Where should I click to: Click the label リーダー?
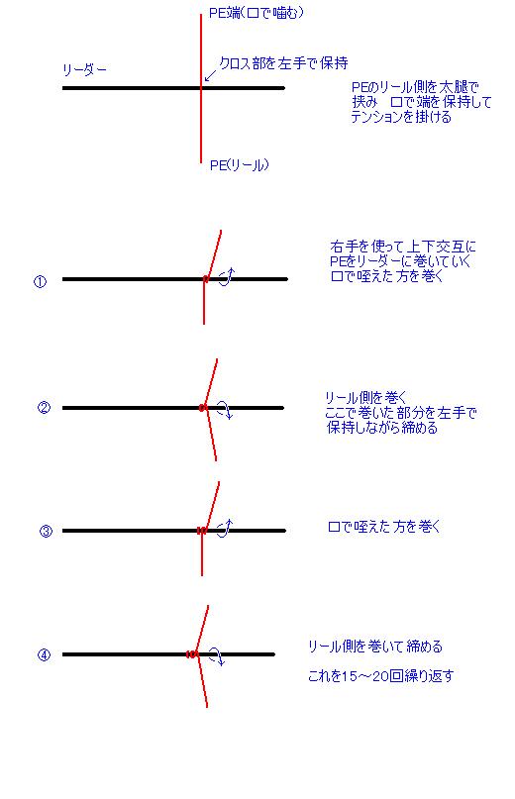coord(84,70)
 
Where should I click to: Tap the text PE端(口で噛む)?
coord(256,13)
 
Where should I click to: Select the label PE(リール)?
coord(239,165)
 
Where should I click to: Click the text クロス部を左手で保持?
coord(283,63)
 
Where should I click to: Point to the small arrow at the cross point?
coord(210,75)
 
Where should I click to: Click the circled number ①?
coord(40,281)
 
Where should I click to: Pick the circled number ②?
coord(44,408)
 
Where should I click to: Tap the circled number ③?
coord(46,531)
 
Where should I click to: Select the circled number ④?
coord(44,654)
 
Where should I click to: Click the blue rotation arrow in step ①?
coord(228,276)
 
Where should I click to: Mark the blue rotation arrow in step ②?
coord(226,409)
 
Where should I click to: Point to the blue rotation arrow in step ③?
coord(226,528)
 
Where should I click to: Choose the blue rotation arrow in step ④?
coord(217,656)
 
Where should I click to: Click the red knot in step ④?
coord(192,654)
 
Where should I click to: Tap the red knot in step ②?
coord(202,408)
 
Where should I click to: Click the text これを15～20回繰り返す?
coord(380,676)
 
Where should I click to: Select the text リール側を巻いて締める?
coord(374,647)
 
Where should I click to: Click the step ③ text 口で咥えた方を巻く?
coord(384,527)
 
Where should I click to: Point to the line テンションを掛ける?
coord(401,117)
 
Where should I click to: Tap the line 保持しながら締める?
coord(382,428)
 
